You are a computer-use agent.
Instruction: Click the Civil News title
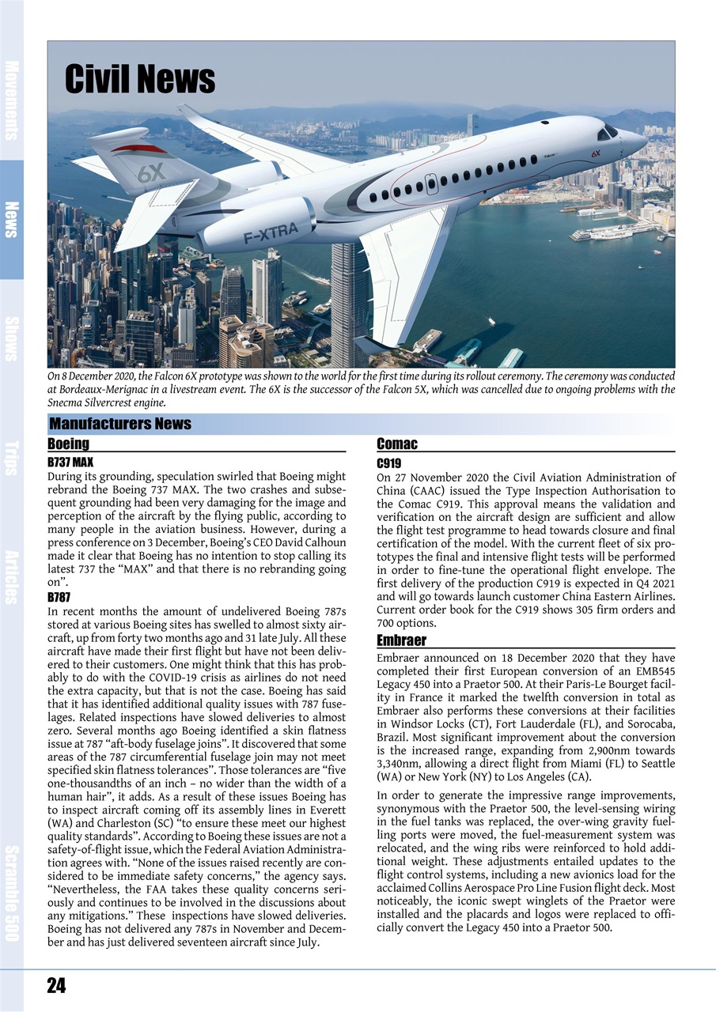click(x=139, y=80)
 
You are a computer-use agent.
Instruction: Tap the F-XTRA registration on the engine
click(x=271, y=232)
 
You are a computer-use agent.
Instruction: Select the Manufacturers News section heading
click(x=120, y=424)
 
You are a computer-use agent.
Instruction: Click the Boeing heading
click(x=68, y=444)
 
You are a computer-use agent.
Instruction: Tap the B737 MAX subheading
click(x=71, y=462)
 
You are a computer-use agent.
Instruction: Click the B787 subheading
click(x=59, y=598)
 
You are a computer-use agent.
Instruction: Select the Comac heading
click(x=397, y=444)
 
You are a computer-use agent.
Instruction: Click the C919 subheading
click(x=388, y=463)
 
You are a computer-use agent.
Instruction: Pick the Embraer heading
click(x=401, y=640)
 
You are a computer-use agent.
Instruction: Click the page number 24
click(x=56, y=985)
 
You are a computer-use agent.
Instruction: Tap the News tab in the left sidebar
click(x=11, y=219)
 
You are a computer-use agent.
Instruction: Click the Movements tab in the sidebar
click(x=11, y=100)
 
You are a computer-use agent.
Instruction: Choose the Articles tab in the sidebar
click(x=11, y=577)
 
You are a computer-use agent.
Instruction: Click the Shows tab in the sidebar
click(x=11, y=338)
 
